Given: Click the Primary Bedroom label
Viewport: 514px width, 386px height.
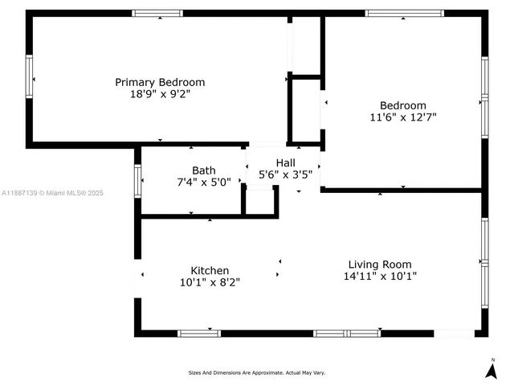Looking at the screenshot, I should (x=160, y=82).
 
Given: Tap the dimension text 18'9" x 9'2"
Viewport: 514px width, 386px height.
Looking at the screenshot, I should (x=160, y=94).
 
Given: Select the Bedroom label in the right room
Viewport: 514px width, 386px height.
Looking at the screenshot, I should (x=402, y=105).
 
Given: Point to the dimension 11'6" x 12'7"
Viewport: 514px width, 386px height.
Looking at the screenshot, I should (x=402, y=117).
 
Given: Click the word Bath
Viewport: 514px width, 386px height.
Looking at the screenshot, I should (x=203, y=170).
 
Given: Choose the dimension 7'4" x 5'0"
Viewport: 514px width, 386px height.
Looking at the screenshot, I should (x=203, y=182).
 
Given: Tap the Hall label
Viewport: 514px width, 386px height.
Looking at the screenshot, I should (x=285, y=162).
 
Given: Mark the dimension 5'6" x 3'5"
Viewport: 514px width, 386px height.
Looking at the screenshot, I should (x=285, y=174).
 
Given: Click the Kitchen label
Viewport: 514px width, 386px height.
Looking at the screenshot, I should (x=210, y=270).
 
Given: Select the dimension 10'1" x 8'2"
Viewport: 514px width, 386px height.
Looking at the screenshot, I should (x=210, y=282).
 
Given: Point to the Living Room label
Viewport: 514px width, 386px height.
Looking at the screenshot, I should (x=380, y=264).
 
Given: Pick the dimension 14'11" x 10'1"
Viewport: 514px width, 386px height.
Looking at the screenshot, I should (x=380, y=276).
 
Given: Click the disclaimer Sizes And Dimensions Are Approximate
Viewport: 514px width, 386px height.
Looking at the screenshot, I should (x=257, y=372).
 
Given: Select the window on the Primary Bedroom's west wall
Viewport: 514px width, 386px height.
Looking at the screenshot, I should (x=30, y=77).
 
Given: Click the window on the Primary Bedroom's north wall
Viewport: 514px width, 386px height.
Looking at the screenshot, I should (x=157, y=13).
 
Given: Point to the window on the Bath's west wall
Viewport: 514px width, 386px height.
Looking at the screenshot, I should (x=137, y=180).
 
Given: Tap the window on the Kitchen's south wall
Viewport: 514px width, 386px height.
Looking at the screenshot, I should (x=198, y=333).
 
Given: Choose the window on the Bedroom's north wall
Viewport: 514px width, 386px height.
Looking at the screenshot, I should (x=404, y=13).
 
